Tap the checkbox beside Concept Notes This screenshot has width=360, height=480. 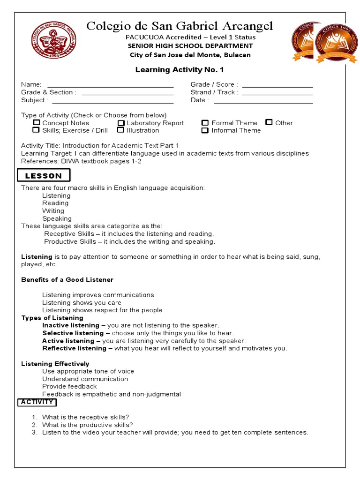coord(36,123)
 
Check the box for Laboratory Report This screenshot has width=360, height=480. coord(120,123)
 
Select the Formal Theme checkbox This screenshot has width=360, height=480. coord(205,123)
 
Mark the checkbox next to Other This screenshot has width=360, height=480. coord(269,122)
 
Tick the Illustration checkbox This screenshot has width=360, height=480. coord(120,130)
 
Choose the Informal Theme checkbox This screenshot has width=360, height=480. coord(205,130)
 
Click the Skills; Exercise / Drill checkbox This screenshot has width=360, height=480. coord(36,130)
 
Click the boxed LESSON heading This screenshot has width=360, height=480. coord(44,176)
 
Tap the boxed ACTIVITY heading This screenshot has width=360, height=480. coord(37,402)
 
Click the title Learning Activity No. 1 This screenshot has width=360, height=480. coord(180,70)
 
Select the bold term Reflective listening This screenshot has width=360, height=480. coord(74,348)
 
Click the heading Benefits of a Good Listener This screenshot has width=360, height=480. coord(67,280)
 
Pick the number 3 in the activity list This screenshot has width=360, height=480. coord(34,433)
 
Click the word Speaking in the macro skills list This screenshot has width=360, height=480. coord(57,218)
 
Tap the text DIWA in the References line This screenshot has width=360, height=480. coord(70,161)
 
